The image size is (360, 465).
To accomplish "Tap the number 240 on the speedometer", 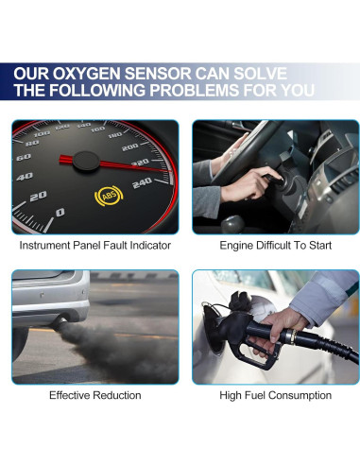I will coord(142,182).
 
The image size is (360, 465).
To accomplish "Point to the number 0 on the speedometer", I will coord(60,213).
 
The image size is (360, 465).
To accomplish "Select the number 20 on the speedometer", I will coord(38,196).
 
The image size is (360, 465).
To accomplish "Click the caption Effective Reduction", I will coord(94,395).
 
